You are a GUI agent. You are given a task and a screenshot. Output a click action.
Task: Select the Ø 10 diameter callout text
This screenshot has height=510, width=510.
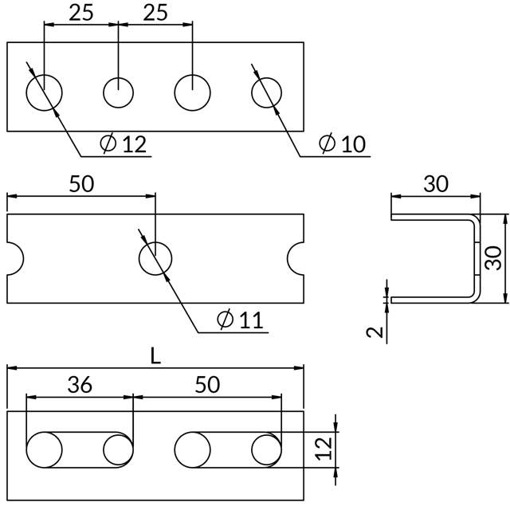(x=342, y=143)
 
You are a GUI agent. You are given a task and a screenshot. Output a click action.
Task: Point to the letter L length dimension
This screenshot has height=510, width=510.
(x=156, y=356)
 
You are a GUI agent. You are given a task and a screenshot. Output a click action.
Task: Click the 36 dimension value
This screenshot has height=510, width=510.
(x=80, y=384)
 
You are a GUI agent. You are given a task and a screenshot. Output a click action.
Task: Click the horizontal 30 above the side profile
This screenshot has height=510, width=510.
(x=435, y=184)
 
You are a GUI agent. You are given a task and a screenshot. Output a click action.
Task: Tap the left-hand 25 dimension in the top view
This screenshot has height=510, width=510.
(x=81, y=13)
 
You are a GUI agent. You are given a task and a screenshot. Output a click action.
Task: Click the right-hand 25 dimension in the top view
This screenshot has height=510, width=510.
(x=155, y=13)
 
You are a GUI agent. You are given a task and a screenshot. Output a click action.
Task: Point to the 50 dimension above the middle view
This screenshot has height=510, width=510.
(x=81, y=184)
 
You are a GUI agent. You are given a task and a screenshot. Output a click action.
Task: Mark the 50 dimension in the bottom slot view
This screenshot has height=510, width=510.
(x=206, y=384)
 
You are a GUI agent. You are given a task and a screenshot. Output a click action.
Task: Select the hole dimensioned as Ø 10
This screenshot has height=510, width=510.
(x=268, y=92)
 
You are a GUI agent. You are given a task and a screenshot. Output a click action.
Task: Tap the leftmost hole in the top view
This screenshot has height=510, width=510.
(x=44, y=92)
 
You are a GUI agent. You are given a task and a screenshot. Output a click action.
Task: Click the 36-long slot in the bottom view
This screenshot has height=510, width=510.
(x=80, y=449)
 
